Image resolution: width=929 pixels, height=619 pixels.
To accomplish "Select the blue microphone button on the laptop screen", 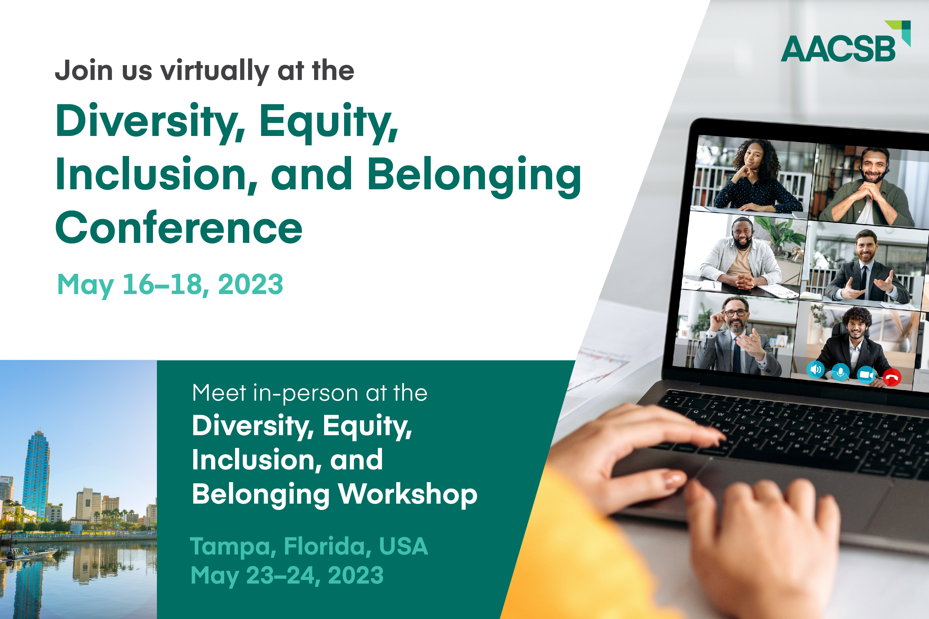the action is [841, 372].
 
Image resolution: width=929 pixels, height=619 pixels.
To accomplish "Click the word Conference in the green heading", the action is [179, 227].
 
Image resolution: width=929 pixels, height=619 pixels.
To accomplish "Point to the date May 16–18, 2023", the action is [170, 285].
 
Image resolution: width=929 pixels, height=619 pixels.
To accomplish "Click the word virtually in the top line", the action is [214, 71].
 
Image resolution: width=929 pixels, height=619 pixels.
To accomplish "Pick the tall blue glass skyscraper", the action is [36, 473].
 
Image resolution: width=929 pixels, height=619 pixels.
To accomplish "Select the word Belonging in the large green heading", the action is [474, 176].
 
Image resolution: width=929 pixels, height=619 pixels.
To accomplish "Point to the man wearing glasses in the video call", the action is [735, 336].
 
